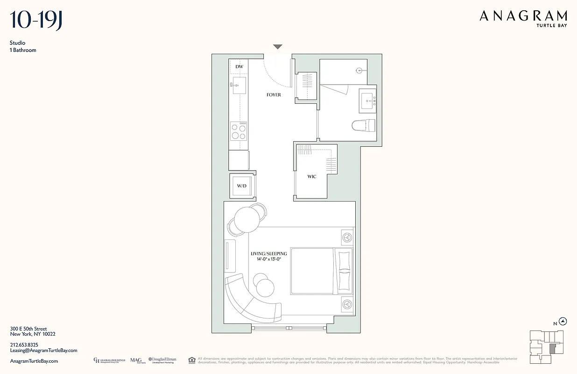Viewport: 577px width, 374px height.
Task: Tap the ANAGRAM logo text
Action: (523, 16)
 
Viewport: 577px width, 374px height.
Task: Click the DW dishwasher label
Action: (239, 67)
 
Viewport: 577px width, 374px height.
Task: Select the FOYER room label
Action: (274, 95)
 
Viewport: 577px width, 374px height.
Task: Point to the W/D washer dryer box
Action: (242, 186)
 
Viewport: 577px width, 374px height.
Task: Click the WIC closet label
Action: (312, 177)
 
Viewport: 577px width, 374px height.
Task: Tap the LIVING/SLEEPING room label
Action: (268, 254)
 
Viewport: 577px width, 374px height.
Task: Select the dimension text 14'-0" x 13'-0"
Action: (268, 259)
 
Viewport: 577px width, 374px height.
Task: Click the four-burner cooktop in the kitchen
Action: (239, 131)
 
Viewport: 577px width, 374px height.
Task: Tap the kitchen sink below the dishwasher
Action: (239, 86)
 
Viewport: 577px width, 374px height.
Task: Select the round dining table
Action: (246, 219)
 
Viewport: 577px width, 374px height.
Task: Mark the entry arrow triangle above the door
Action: (278, 47)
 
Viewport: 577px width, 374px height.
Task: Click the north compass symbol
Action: (563, 321)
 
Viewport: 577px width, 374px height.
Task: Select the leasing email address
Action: (43, 350)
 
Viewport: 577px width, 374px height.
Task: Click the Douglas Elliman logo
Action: (162, 360)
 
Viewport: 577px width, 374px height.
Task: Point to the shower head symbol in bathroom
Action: (359, 71)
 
